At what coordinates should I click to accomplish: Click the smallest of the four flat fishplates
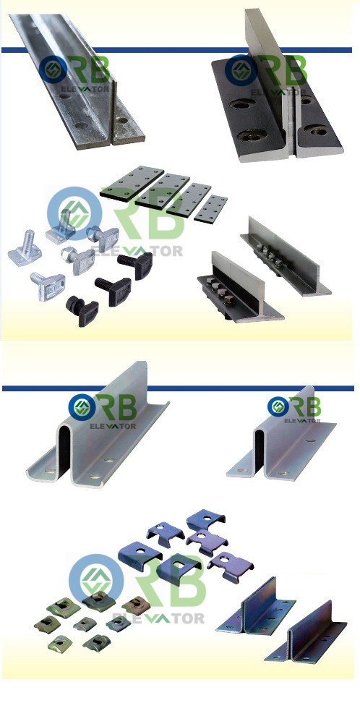click(x=210, y=208)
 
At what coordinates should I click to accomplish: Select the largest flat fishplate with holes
click(x=132, y=182)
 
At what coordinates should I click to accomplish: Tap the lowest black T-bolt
click(x=82, y=310)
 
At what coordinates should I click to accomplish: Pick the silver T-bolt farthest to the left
click(x=25, y=248)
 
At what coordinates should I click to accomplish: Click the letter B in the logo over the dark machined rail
click(x=295, y=72)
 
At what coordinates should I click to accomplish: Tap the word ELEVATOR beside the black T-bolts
click(x=137, y=250)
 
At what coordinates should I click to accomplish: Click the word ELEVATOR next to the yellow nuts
click(x=158, y=618)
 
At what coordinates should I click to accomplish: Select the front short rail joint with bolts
click(x=240, y=286)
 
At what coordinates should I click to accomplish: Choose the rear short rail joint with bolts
click(x=286, y=255)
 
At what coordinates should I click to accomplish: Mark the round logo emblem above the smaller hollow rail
click(x=277, y=406)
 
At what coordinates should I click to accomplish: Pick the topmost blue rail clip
click(x=206, y=519)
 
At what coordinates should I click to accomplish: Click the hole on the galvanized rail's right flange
click(x=121, y=120)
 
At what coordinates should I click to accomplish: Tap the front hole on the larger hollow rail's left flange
click(x=50, y=472)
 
